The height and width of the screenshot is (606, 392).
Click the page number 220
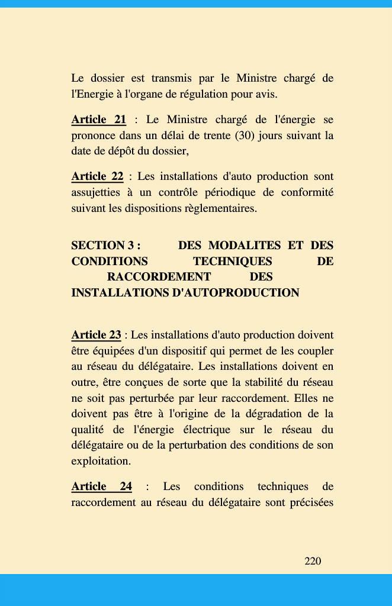313,561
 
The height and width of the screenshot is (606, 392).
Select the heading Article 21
98,120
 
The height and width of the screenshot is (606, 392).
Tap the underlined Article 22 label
97,176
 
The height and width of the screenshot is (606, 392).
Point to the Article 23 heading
96,336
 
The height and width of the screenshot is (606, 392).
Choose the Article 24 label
101,486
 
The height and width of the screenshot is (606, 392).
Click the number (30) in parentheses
245,136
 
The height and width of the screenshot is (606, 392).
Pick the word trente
215,136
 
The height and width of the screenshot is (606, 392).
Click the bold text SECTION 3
105,246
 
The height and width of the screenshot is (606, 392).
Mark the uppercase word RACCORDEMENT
159,277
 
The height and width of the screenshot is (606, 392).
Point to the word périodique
230,192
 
